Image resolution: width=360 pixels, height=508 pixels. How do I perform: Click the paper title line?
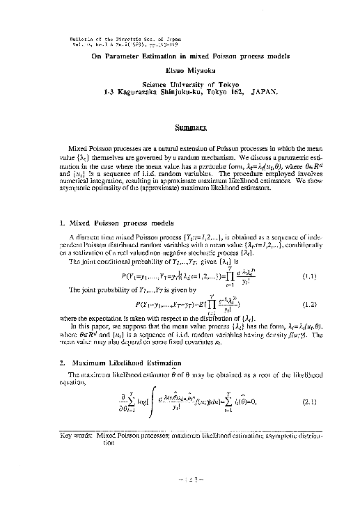coord(181,58)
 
